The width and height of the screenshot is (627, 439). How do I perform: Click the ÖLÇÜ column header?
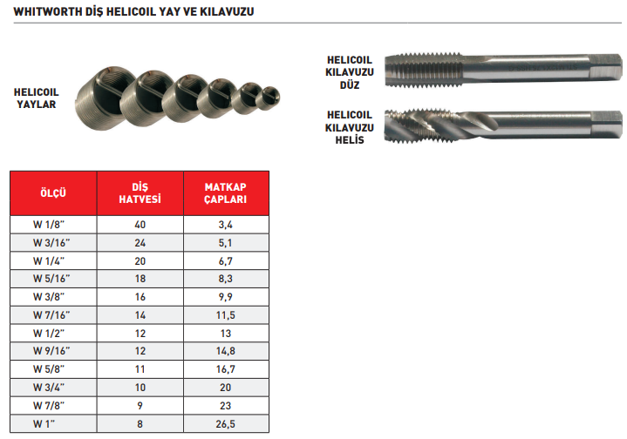pyautogui.click(x=53, y=193)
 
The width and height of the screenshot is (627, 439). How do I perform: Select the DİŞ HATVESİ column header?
pyautogui.click(x=140, y=193)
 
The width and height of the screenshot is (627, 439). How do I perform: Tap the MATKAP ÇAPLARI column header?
pyautogui.click(x=226, y=193)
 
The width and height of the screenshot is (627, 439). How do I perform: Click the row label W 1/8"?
pyautogui.click(x=49, y=225)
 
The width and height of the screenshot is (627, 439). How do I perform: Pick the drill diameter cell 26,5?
pyautogui.click(x=226, y=424)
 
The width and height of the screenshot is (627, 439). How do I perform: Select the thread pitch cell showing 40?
pyautogui.click(x=140, y=225)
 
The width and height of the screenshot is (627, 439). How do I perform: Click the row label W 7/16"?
pyautogui.click(x=51, y=315)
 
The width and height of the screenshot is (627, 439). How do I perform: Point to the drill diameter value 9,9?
pyautogui.click(x=226, y=297)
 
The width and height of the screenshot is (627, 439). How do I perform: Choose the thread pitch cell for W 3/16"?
pyautogui.click(x=140, y=243)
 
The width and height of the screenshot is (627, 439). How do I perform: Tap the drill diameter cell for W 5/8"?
pyautogui.click(x=226, y=369)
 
